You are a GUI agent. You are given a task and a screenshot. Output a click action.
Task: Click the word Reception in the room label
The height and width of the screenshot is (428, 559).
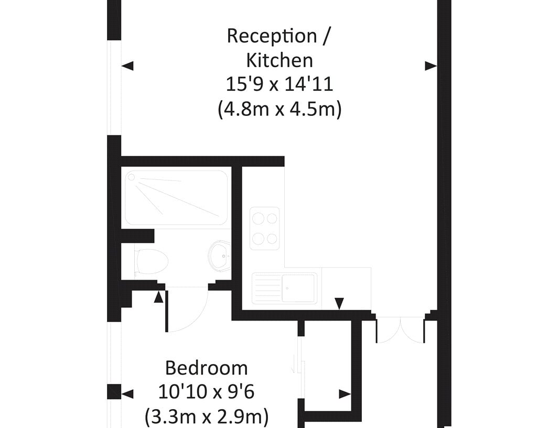(272, 36)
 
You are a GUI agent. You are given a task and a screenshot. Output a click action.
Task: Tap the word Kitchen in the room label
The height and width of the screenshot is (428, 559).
(279, 60)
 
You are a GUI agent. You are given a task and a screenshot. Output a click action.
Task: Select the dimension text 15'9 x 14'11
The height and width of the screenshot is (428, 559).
(279, 84)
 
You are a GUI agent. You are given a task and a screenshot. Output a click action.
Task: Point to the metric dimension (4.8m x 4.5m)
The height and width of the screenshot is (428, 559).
(279, 109)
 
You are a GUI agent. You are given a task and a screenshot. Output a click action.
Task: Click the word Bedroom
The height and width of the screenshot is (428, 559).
(207, 368)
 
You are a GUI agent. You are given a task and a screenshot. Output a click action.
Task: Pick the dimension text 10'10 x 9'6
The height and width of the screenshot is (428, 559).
(206, 392)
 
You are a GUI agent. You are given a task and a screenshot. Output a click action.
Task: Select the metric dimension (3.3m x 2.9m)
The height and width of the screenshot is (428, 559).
(207, 416)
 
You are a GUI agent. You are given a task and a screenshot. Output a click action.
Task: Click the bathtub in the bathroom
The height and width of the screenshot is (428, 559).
(177, 198)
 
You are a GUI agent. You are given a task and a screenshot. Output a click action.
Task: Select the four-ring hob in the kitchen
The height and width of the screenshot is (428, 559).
(264, 228)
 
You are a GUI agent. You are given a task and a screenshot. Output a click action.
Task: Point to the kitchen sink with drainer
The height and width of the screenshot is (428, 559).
(285, 288)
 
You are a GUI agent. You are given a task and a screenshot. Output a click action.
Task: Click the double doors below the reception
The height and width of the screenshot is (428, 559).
(400, 330)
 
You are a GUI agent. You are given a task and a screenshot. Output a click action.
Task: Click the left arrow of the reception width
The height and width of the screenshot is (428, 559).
(127, 66)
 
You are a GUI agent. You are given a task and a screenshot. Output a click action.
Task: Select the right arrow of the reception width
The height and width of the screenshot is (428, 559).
(431, 66)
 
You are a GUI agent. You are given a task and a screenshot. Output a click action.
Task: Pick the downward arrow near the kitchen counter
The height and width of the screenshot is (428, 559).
(339, 304)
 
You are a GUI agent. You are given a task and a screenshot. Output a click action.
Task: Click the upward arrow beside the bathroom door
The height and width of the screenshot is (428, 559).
(159, 297)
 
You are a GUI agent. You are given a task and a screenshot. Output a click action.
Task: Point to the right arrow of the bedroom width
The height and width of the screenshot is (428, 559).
(345, 394)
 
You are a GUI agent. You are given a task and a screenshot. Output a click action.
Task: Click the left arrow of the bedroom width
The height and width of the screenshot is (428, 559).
(127, 394)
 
